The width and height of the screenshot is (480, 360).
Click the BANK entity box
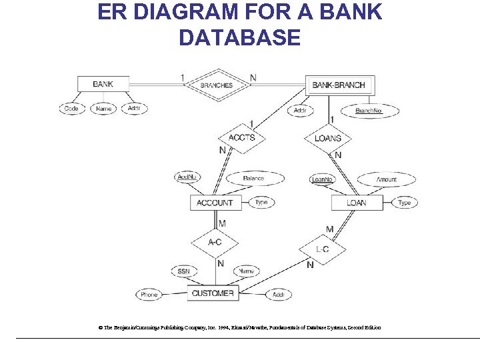click(x=102, y=84)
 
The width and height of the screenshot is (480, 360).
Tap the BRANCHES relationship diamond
click(x=217, y=85)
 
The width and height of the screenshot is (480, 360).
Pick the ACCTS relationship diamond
click(x=241, y=138)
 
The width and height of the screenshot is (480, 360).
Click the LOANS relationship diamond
click(x=327, y=139)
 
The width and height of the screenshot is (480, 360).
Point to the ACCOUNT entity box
click(x=215, y=203)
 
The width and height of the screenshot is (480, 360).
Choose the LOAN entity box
click(x=357, y=203)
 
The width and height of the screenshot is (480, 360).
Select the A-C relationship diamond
click(x=215, y=242)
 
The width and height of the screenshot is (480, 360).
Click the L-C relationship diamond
click(x=322, y=249)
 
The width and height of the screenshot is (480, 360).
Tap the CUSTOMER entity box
click(x=213, y=293)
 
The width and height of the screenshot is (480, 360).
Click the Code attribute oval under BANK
click(x=71, y=109)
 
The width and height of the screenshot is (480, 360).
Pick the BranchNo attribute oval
click(x=369, y=111)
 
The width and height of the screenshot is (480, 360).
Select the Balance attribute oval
click(x=253, y=179)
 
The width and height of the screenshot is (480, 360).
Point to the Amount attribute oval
click(x=387, y=179)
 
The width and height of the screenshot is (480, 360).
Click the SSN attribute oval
click(x=184, y=271)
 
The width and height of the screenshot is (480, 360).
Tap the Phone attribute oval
click(x=149, y=295)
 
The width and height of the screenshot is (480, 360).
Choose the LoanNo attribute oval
click(x=323, y=179)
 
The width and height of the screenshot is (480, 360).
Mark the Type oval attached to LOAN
click(x=405, y=203)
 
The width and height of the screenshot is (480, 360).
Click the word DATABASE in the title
click(x=239, y=37)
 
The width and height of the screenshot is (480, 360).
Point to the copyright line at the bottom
click(x=239, y=328)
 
